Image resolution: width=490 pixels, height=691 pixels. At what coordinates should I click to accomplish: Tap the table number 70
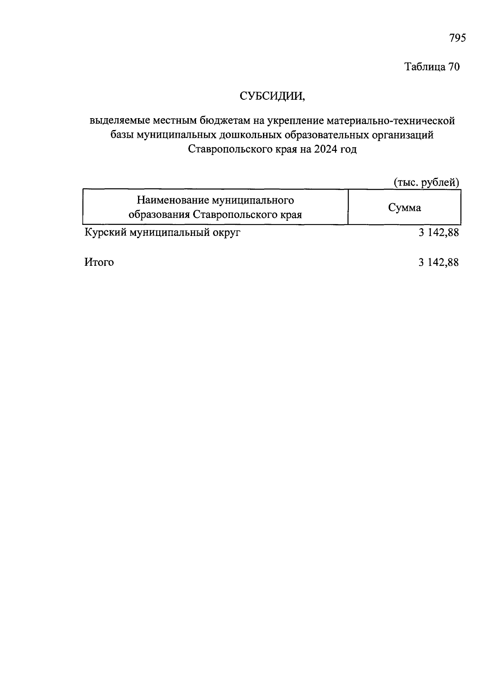coord(454,67)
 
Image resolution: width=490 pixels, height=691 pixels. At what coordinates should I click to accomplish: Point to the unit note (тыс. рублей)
coord(426,182)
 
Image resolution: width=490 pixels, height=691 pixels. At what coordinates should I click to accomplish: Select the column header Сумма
coord(404,208)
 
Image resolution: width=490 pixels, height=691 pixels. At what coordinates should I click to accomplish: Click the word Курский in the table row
coord(105,233)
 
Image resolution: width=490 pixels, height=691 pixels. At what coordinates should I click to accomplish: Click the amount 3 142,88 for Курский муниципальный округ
coord(438,233)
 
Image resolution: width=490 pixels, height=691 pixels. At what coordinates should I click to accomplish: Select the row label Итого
coord(99,262)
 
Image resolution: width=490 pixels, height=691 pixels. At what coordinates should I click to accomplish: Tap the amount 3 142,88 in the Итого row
coord(438,262)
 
